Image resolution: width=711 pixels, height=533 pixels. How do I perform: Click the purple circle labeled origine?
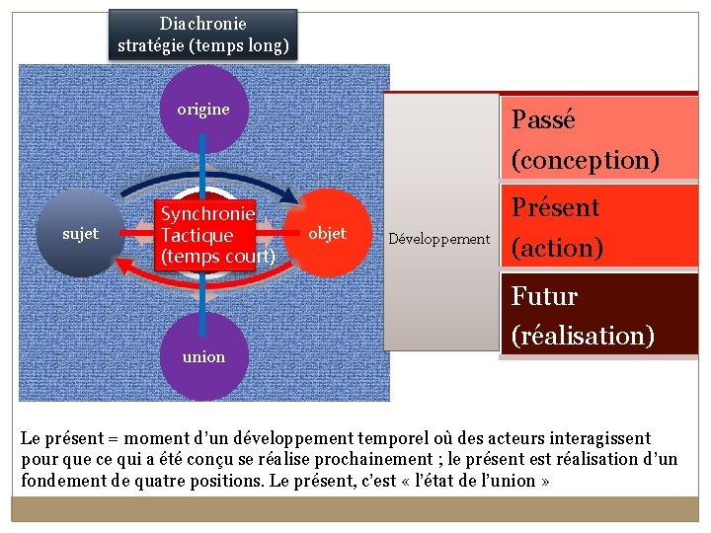click(203, 109)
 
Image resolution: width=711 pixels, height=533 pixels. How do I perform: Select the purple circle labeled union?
click(203, 356)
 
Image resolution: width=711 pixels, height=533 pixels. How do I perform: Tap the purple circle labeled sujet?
click(80, 234)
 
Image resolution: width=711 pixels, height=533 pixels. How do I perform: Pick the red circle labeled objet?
click(327, 234)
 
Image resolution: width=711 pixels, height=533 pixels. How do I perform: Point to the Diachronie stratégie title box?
click(202, 35)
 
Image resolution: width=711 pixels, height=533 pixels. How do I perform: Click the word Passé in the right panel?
click(542, 120)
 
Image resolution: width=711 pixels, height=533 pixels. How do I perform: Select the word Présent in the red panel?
click(555, 207)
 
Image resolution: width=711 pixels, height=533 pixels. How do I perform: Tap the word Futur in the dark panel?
click(544, 296)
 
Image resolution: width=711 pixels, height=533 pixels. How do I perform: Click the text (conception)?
click(585, 160)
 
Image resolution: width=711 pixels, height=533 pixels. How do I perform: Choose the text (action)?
click(557, 248)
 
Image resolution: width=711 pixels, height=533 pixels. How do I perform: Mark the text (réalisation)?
click(583, 336)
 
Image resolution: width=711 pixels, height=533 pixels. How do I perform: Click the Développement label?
click(438, 239)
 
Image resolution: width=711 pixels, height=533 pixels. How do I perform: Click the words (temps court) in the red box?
click(217, 257)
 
